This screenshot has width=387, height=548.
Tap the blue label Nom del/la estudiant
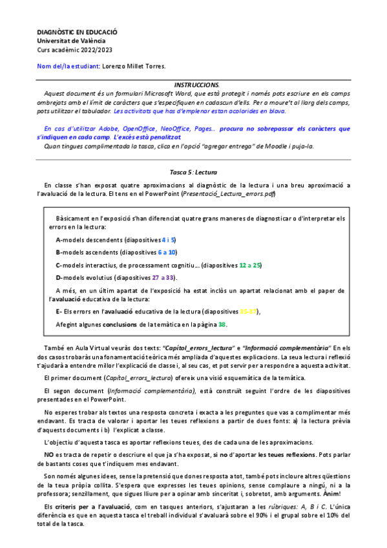(x=68, y=66)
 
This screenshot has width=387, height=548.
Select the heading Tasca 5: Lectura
(x=193, y=173)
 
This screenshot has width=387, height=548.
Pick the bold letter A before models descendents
(x=58, y=240)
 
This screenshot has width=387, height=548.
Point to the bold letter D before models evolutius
(x=58, y=278)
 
